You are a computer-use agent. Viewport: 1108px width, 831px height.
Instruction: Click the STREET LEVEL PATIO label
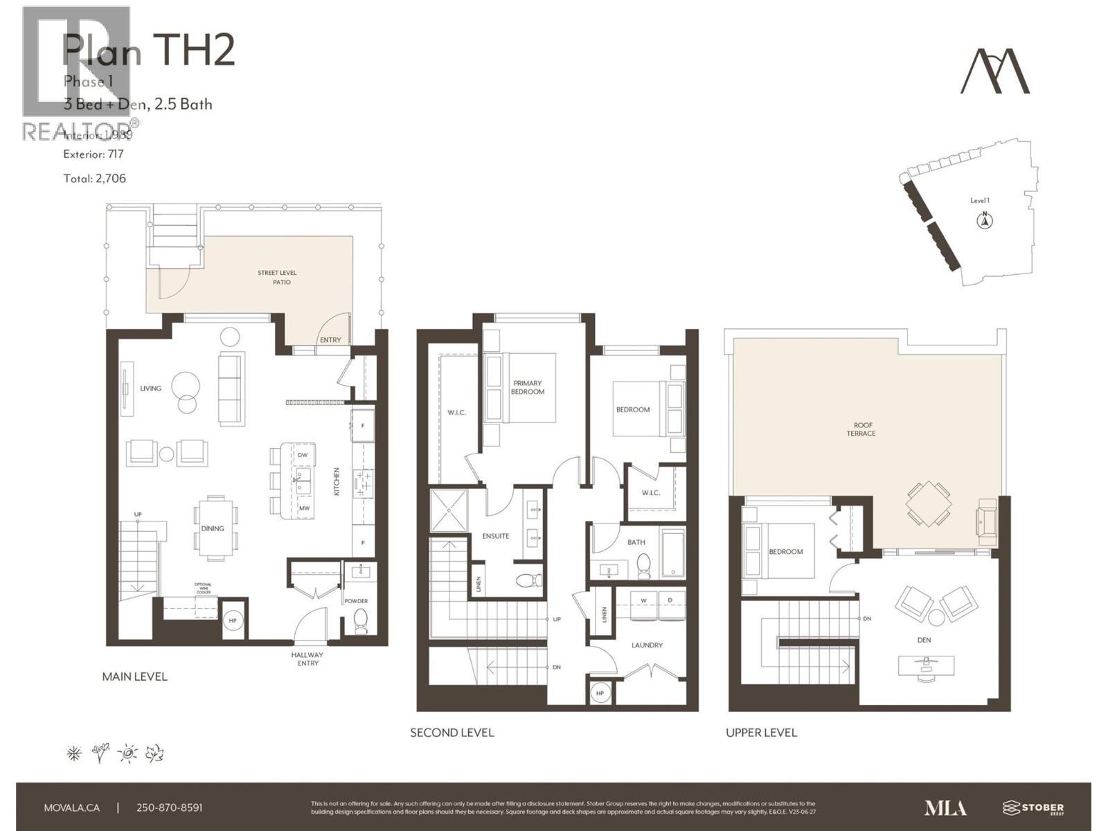click(277, 278)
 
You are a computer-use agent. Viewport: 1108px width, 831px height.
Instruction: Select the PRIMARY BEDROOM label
click(528, 388)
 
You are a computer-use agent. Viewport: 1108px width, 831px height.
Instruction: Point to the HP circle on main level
click(233, 620)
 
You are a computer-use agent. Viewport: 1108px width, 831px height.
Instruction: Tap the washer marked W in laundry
click(643, 601)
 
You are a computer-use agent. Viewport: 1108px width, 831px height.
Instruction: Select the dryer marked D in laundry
click(670, 601)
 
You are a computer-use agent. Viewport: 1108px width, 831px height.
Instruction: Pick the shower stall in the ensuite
click(449, 510)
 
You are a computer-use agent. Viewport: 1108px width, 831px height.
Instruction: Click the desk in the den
click(924, 665)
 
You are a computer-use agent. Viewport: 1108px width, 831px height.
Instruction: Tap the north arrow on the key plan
click(984, 221)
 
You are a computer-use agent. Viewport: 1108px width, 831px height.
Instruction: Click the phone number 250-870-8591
click(170, 807)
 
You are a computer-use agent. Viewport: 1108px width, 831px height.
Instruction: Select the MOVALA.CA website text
click(72, 807)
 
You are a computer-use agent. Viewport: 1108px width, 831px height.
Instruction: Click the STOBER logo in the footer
click(1033, 807)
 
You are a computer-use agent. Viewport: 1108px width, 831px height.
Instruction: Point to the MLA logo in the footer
click(945, 807)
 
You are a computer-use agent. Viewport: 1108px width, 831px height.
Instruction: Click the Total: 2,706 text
click(95, 179)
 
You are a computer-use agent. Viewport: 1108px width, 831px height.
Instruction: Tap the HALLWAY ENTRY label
click(307, 659)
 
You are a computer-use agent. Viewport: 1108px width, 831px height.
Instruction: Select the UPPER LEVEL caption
click(761, 733)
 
